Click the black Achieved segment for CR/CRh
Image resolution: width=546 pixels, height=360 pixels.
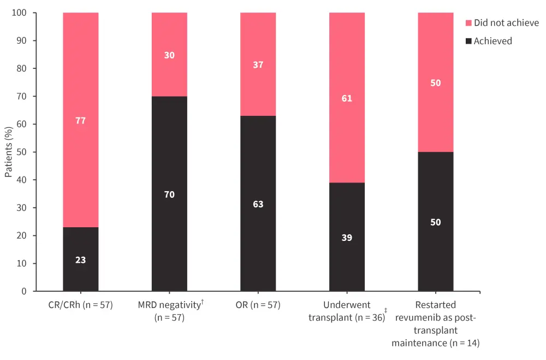click(81, 259)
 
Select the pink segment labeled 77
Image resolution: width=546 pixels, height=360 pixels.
click(81, 120)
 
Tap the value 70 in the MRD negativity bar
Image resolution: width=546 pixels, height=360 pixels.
click(169, 194)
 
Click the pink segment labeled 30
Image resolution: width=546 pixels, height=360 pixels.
click(169, 55)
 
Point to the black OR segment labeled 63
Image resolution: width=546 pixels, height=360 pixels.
click(258, 204)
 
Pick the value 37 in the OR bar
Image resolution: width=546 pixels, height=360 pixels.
click(258, 64)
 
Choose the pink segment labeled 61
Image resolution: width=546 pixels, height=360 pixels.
click(347, 98)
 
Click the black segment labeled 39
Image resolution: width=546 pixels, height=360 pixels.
click(347, 238)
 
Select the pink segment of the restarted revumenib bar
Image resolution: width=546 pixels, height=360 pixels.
click(436, 83)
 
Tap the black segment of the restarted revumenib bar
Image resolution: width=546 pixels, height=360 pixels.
click(436, 222)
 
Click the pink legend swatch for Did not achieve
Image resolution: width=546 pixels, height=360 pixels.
click(468, 23)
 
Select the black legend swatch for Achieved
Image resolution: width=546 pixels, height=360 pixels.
click(468, 41)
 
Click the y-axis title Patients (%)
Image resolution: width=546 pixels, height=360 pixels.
click(9, 152)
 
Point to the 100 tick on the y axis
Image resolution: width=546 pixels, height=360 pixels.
click(20, 13)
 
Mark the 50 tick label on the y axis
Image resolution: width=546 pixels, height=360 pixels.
click(22, 152)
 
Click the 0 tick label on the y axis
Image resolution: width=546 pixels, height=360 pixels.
click(24, 291)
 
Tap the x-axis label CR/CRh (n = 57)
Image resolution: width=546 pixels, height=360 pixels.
click(81, 305)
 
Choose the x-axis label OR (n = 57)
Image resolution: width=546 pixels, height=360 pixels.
click(258, 305)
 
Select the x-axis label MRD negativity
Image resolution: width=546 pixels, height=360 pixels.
click(169, 310)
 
